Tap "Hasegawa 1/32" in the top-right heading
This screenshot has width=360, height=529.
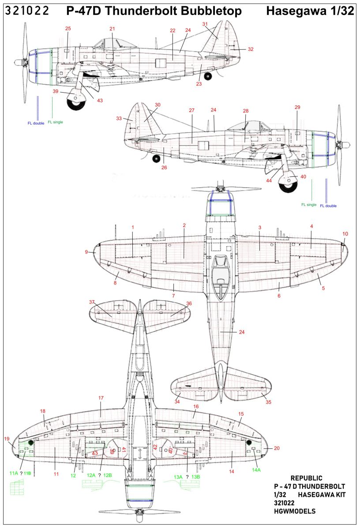pos(310,11)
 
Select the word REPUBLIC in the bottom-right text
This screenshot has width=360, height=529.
pos(307,478)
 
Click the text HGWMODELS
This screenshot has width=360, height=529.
pos(294,511)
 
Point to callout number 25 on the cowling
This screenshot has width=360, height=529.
pos(68,29)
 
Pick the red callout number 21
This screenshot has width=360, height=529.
pos(112,29)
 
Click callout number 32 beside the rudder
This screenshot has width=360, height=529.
pos(251,49)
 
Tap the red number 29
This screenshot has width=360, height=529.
pos(297,108)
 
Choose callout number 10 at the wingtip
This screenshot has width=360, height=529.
pos(345,234)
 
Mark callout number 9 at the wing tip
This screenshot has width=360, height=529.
pos(87,252)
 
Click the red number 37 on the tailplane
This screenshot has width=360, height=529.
pos(92,302)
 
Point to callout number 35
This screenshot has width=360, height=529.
pos(268,402)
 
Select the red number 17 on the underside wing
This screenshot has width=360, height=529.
pos(101,398)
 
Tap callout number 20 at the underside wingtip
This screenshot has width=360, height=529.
pos(277,448)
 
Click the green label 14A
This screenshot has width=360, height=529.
pos(256,470)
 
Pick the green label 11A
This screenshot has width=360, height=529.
pos(14,473)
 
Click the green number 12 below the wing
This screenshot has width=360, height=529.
pos(73,476)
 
